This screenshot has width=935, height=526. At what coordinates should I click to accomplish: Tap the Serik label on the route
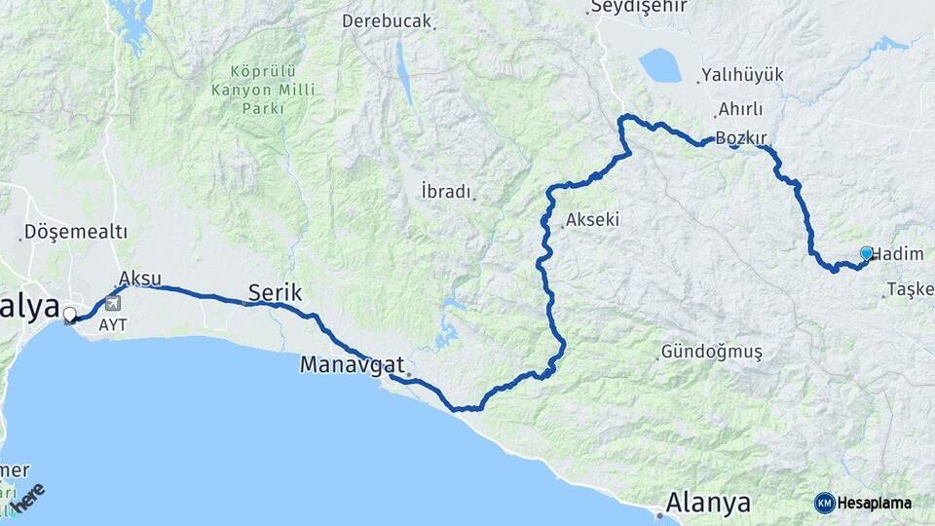point(276,291)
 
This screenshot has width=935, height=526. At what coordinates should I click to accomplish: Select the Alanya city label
point(708,503)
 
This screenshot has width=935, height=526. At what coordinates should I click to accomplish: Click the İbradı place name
point(446,191)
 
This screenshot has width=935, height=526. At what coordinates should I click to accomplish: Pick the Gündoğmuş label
point(711,351)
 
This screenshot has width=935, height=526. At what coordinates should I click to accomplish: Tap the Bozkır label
point(741,138)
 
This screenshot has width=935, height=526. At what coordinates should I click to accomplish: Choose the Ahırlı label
point(739,109)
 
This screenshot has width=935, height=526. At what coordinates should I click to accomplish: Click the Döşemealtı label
point(75,232)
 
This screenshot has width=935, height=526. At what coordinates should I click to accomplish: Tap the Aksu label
point(139,278)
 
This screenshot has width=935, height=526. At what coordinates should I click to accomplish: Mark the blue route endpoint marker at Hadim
point(866,253)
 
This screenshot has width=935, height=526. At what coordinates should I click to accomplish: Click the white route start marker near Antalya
point(70,315)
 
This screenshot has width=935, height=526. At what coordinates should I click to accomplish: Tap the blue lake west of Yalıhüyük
point(659,65)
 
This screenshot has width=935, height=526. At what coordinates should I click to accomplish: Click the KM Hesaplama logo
point(863,503)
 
